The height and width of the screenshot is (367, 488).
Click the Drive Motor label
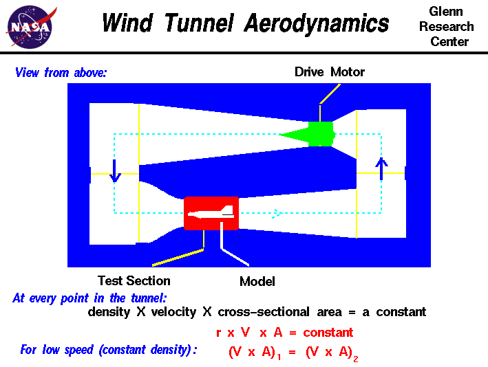[330, 71]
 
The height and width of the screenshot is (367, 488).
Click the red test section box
[211, 213]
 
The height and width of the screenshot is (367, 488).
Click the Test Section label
[134, 280]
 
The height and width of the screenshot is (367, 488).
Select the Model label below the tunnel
[257, 281]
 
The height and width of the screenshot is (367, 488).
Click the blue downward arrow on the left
[115, 170]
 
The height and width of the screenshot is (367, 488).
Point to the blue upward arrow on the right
[382, 168]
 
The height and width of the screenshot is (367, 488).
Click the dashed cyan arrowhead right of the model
[277, 213]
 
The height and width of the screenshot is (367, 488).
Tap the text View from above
[61, 72]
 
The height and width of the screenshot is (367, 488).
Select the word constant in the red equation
[328, 333]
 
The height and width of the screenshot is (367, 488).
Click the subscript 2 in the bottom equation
[357, 357]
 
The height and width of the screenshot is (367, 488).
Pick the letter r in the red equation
[219, 333]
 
